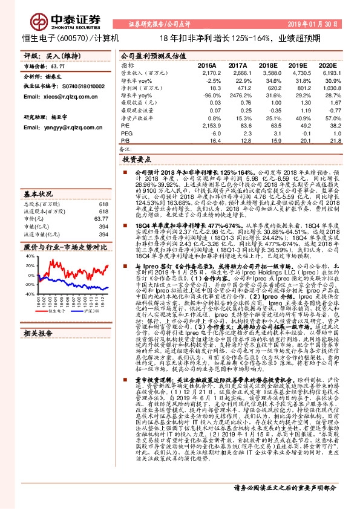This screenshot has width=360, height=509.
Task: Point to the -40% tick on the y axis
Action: click(28, 293)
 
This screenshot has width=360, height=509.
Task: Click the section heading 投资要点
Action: click(136, 161)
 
